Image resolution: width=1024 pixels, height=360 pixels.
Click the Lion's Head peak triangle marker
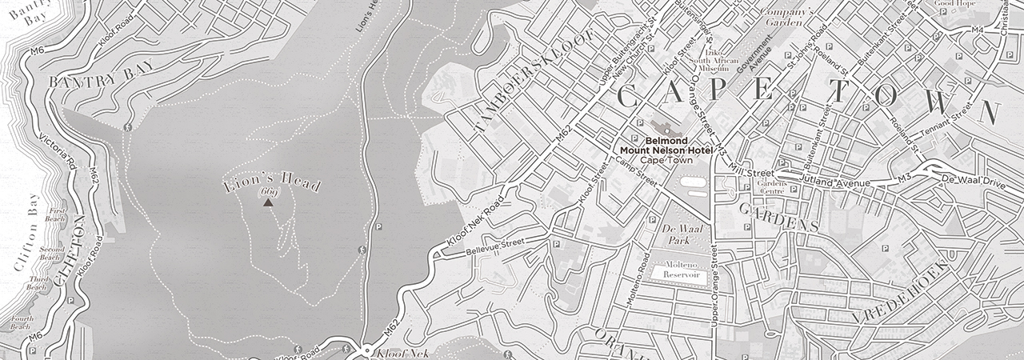click(267, 203)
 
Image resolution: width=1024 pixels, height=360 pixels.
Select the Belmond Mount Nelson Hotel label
click(667, 150)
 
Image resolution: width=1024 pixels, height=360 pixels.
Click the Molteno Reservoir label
click(678, 270)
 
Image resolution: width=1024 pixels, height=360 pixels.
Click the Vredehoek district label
click(901, 291)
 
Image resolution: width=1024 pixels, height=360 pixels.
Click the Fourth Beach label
click(21, 322)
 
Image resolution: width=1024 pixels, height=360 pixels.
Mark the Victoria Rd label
click(62, 151)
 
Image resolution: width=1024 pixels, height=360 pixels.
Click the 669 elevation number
click(267, 193)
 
